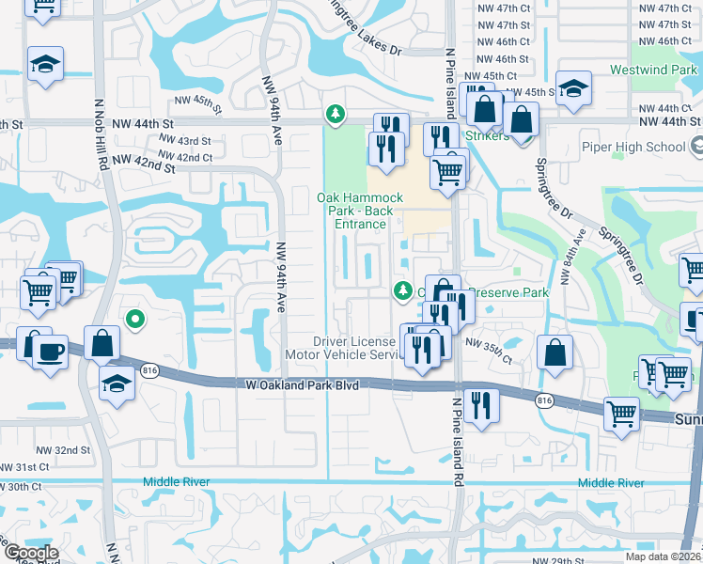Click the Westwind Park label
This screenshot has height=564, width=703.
[x=654, y=70]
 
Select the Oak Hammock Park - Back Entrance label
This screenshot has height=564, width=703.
[x=359, y=211]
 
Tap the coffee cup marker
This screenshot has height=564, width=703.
[x=50, y=352]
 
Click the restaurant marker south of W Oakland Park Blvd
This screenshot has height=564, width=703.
[x=481, y=407]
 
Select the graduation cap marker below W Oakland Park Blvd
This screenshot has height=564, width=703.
[x=116, y=384]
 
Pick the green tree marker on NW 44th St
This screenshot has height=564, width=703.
[x=334, y=115]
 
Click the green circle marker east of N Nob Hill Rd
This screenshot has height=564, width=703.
[x=135, y=321]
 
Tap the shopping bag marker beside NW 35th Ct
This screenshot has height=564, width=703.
[x=555, y=352]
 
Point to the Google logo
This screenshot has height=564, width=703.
[x=30, y=553]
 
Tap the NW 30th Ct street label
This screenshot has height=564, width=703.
[x=23, y=486]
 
